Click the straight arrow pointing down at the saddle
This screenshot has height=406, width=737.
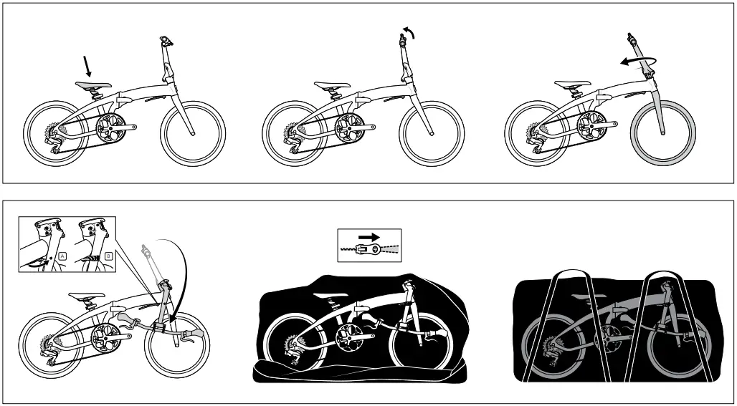pos(87,66)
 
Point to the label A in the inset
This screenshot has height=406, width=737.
pos(62,256)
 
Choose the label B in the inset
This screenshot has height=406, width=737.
pos(108,256)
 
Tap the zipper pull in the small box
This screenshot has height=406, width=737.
pos(368,248)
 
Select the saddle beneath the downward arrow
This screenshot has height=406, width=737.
pos(93,85)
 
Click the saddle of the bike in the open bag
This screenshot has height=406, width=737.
pos(331,295)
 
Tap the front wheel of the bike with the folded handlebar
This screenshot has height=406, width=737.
pos(177,344)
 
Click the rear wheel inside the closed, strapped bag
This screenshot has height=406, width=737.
pos(553,345)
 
